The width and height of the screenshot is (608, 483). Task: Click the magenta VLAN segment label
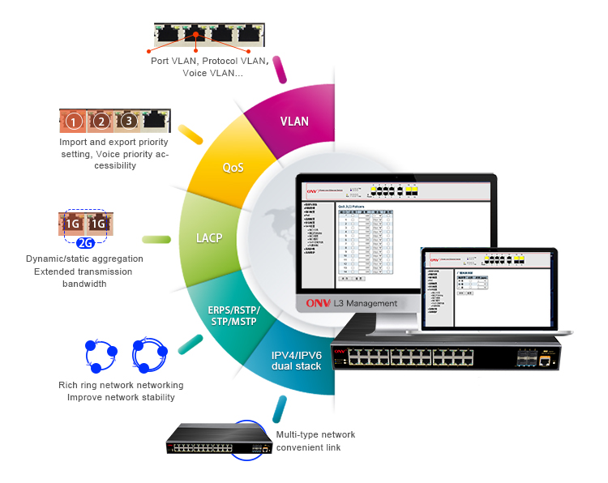294,121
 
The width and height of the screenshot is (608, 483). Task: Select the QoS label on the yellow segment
233,168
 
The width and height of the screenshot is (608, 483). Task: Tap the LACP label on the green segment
208,239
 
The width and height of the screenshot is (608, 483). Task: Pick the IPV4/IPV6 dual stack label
296,361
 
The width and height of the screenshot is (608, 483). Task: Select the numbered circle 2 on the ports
101,122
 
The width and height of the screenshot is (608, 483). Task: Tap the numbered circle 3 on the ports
127,122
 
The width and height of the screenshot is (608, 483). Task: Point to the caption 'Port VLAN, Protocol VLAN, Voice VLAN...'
208,66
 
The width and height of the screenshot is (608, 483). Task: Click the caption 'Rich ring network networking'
121,385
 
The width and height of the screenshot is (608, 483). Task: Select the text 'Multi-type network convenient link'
315,441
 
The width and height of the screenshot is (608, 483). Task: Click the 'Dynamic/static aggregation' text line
84,259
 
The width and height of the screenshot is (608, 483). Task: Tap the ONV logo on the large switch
340,353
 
